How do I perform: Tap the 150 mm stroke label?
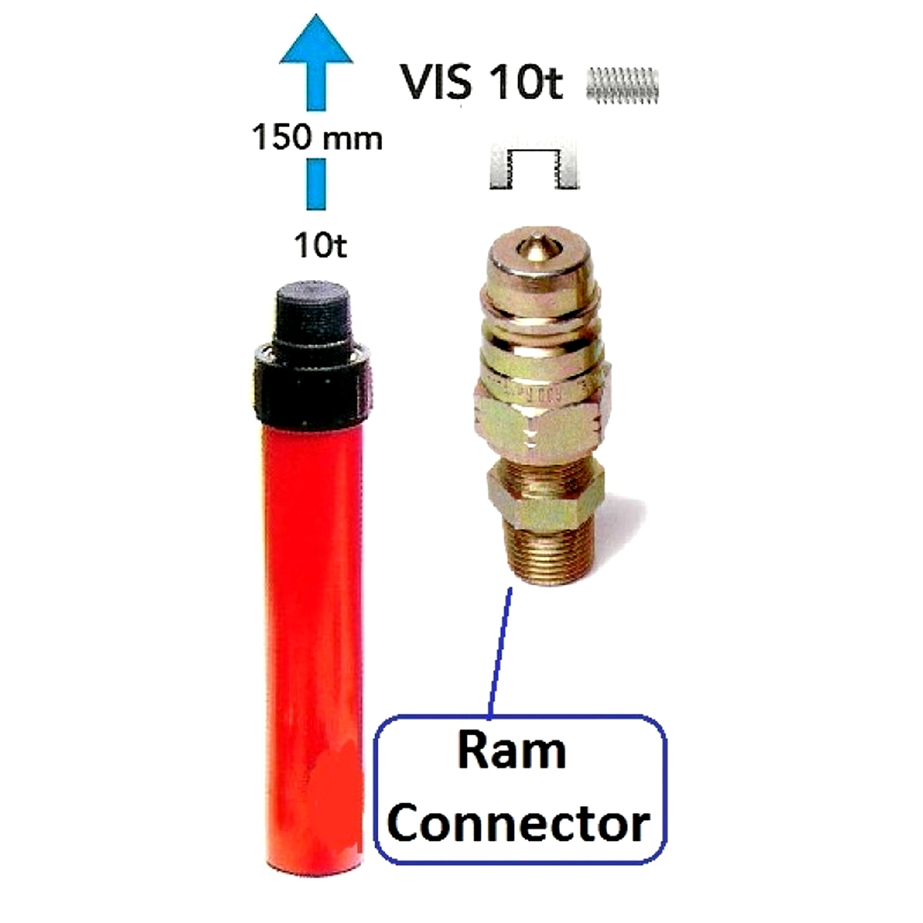tap(317, 137)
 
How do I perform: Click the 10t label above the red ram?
tap(320, 246)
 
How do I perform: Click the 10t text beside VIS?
tap(525, 82)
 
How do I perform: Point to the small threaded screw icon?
tap(623, 84)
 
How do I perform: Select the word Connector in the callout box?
tap(518, 823)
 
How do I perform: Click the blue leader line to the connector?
tap(500, 652)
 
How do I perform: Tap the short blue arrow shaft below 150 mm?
tap(316, 184)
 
